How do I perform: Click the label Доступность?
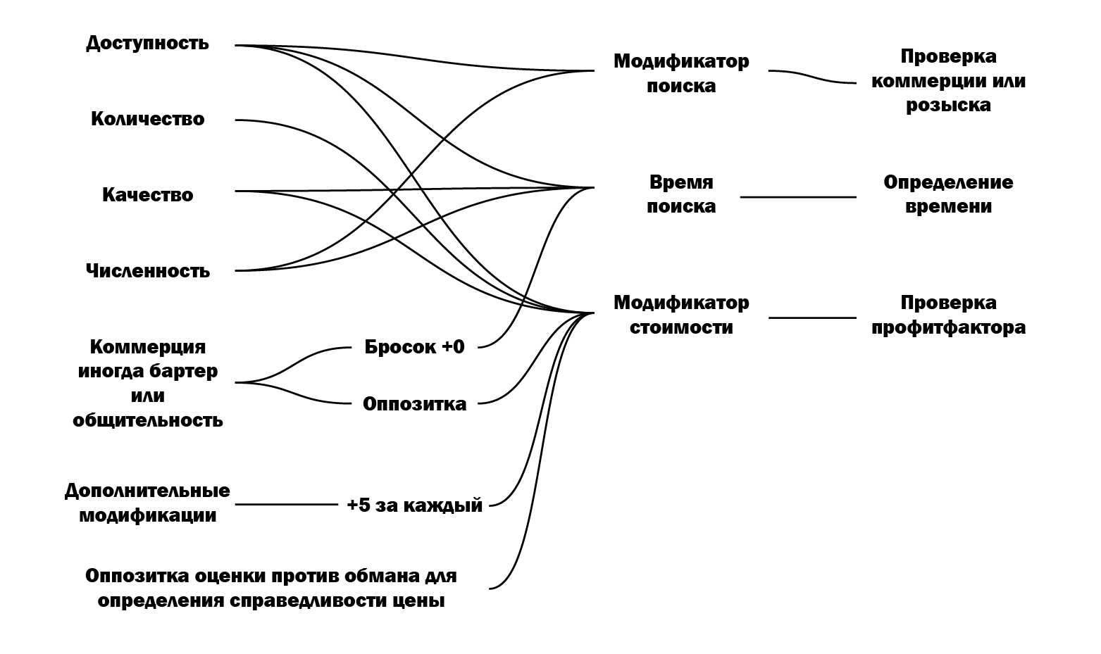pos(147,44)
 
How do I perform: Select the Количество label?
pos(147,119)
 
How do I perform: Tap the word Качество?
pos(147,195)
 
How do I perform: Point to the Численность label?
pos(147,271)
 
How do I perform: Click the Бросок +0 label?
pos(414,347)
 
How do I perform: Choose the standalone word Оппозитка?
pos(414,404)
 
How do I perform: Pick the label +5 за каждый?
pos(414,505)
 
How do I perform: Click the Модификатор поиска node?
pos(681,73)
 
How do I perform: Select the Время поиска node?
pos(681,194)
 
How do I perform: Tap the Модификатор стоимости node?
pos(681,315)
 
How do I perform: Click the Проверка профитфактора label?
pos(948,315)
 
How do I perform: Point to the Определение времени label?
pos(948,194)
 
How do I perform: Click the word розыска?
pos(948,106)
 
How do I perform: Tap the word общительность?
pos(147,421)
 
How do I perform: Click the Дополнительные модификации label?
pos(147,503)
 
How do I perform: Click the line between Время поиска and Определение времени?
pos(798,197)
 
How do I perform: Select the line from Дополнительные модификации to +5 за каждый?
pos(287,505)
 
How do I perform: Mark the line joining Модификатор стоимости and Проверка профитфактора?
pos(812,318)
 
